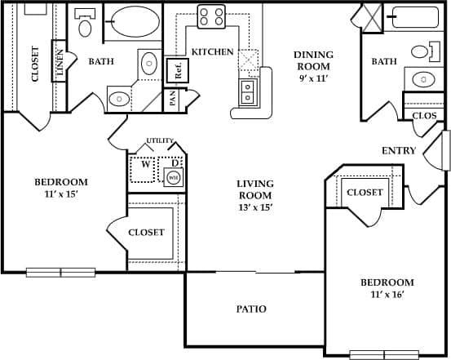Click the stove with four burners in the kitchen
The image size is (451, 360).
tap(211, 16)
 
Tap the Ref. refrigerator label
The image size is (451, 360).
tap(174, 69)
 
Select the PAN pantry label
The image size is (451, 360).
tap(172, 99)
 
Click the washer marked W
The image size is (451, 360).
tap(145, 163)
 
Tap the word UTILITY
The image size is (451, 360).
tap(160, 141)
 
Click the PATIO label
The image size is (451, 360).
tap(251, 309)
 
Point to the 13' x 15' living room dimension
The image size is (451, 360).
tap(254, 207)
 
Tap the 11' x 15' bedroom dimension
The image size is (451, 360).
tap(60, 196)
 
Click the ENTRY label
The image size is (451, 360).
tap(399, 151)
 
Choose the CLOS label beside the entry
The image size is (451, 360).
tap(424, 116)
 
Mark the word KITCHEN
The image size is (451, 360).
tap(212, 52)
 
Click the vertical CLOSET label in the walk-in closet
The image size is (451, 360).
tap(35, 63)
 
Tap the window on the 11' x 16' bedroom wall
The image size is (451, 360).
tap(383, 354)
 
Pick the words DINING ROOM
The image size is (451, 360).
tap(313, 60)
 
